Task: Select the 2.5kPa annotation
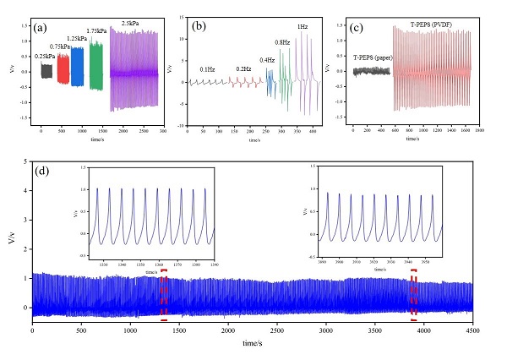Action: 131,23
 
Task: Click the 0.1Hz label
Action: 207,69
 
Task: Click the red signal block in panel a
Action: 63,72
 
